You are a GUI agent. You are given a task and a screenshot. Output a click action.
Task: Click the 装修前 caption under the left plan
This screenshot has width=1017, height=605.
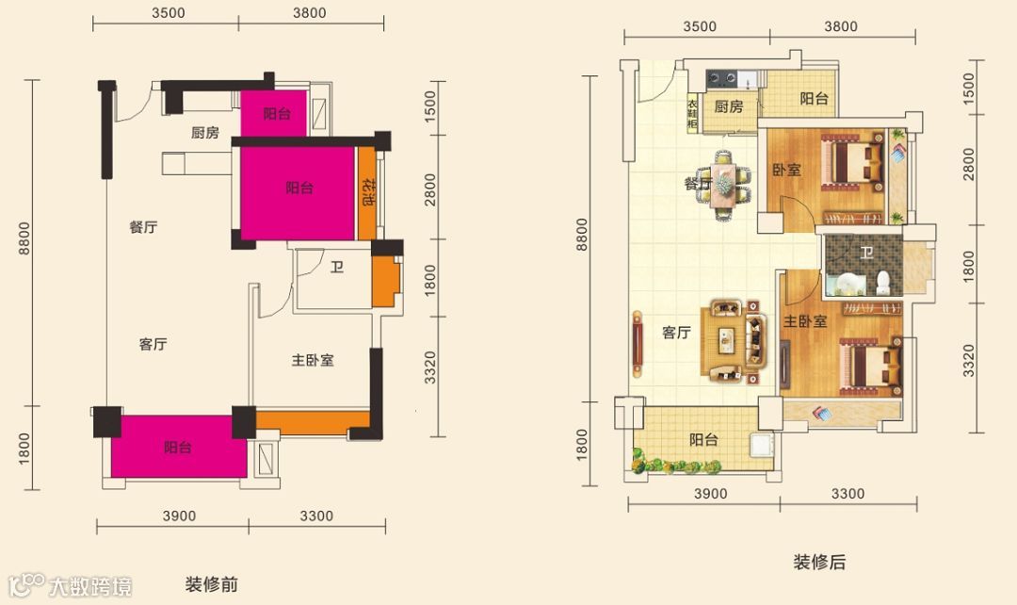(212, 584)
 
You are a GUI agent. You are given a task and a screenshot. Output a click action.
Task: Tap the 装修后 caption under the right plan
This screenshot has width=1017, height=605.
(820, 562)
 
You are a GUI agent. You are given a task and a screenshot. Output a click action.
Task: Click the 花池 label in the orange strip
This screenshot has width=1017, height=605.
(368, 191)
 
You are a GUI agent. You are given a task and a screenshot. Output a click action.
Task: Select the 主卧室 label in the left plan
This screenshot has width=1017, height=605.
(313, 360)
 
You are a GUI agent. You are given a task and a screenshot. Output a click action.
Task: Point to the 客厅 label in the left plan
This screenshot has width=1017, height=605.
(153, 344)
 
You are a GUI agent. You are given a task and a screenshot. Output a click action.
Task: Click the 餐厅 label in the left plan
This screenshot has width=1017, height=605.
(143, 227)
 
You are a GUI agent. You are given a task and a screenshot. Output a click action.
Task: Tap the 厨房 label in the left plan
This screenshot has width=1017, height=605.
(205, 133)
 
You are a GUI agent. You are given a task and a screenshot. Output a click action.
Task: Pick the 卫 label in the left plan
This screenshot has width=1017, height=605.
(336, 267)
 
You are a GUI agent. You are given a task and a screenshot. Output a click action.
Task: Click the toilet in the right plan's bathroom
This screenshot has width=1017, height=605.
(882, 283)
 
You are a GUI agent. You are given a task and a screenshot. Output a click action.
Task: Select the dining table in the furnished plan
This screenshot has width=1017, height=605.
(723, 185)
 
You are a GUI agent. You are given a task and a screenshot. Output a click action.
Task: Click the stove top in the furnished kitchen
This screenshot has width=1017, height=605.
(722, 79)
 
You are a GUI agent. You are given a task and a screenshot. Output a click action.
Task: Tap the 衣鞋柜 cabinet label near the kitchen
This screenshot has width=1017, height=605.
(693, 114)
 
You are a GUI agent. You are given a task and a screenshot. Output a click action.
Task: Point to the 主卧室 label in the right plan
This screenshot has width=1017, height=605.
(805, 321)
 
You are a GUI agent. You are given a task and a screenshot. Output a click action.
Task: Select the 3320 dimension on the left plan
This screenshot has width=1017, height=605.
(430, 368)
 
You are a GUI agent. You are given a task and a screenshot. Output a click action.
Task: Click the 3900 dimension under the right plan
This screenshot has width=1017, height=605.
(711, 494)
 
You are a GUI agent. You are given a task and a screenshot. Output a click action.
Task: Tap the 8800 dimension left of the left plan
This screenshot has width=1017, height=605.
(24, 238)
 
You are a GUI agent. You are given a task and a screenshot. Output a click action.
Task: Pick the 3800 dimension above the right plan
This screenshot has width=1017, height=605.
(841, 26)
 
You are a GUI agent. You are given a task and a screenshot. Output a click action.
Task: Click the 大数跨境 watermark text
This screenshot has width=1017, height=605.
(90, 586)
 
